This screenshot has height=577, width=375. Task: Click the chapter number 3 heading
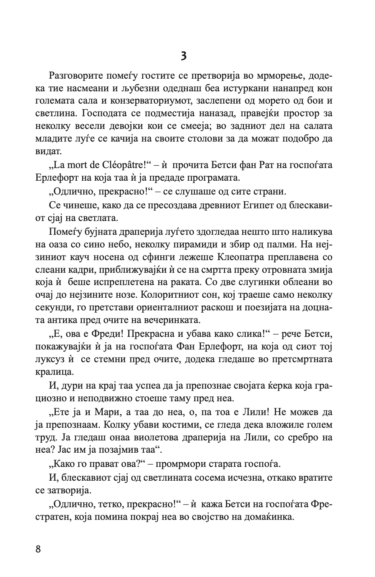point(184,56)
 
